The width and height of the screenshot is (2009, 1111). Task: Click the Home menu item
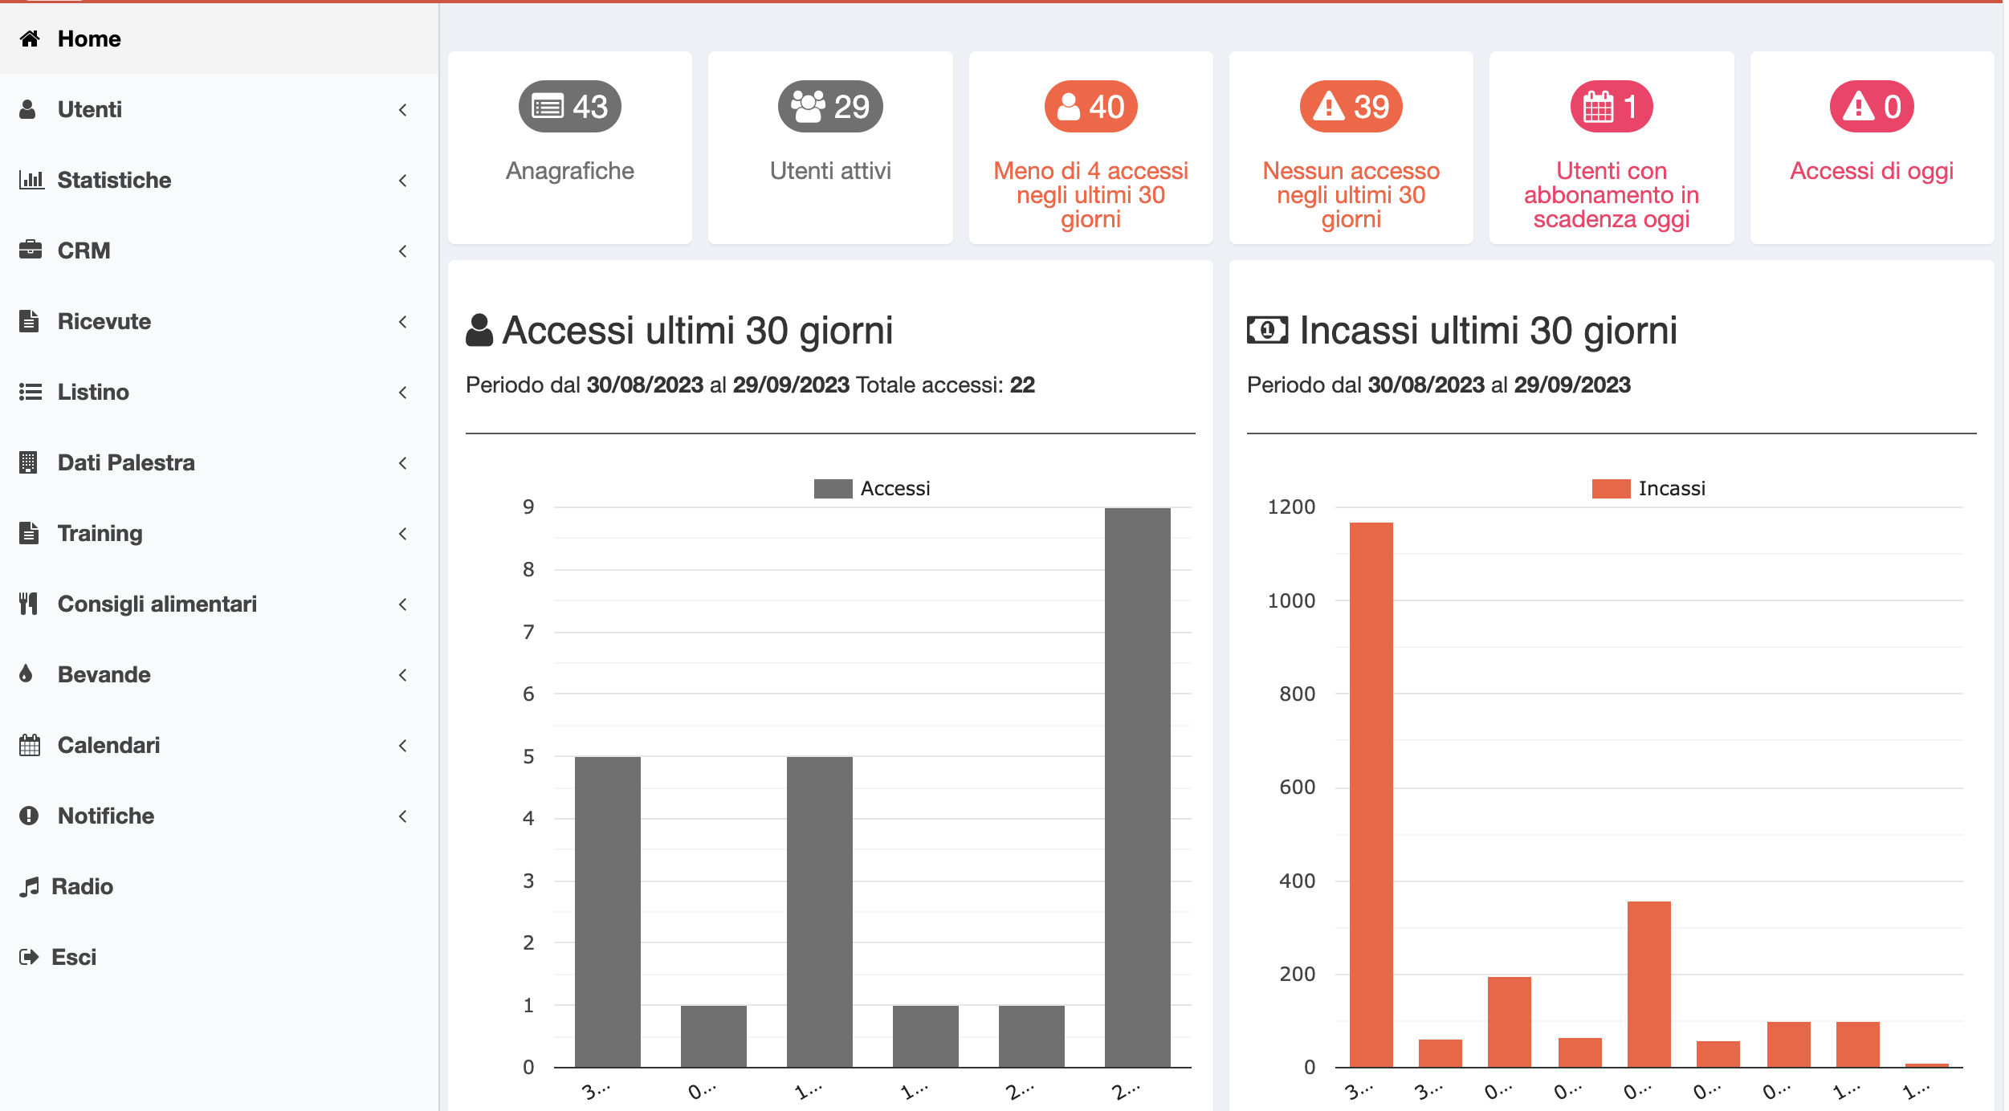pos(88,39)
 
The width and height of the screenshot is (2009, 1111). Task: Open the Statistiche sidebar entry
pos(114,180)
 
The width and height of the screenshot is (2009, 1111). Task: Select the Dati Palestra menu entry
pos(126,462)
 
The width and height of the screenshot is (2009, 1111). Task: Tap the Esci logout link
pos(73,957)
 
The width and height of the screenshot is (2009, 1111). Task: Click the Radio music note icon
pos(30,887)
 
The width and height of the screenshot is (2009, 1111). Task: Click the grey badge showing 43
pos(569,107)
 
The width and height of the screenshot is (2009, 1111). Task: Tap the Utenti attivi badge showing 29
pos(829,107)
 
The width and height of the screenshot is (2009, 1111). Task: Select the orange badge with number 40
pos(1090,107)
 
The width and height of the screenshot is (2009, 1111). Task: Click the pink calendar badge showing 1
pos(1611,107)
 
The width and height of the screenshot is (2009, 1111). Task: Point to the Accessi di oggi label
pos(1871,171)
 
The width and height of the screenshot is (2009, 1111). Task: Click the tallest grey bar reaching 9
pos(1137,787)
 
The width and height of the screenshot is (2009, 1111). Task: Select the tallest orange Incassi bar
pos(1371,795)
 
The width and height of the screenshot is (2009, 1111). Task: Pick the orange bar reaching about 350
pos(1648,983)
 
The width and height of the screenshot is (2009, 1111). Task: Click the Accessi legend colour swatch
pos(833,489)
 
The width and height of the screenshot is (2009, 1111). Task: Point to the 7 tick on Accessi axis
pos(528,632)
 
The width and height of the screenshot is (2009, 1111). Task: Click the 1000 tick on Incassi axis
pos(1290,600)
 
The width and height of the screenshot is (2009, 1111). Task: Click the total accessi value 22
pos(1022,385)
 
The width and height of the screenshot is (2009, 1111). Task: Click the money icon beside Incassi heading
pos(1267,330)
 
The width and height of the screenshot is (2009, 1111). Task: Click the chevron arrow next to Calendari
pos(403,746)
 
